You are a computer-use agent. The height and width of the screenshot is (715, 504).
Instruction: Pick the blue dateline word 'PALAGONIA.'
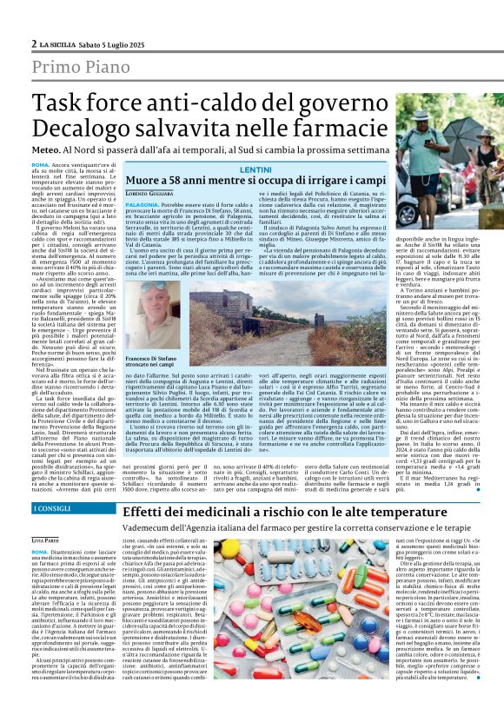[x=142, y=203]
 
